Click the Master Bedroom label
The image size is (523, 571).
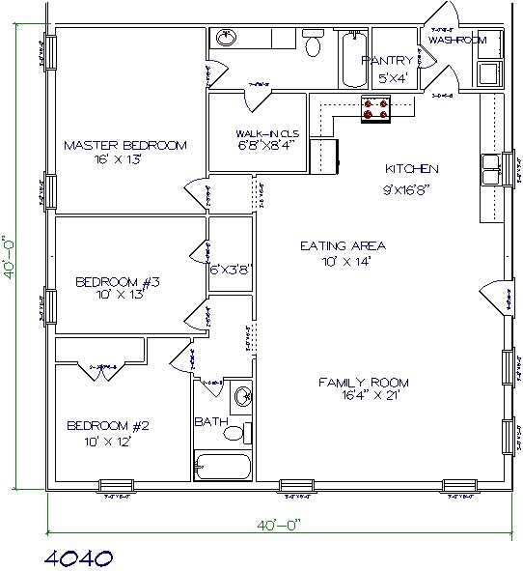[x=124, y=145]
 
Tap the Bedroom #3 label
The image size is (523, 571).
[x=117, y=283]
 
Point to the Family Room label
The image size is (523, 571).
[x=358, y=383]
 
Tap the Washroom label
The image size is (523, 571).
[x=456, y=41]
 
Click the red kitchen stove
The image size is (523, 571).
[x=375, y=110]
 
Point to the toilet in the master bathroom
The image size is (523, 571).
[x=313, y=44]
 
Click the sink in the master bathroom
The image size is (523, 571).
[x=225, y=38]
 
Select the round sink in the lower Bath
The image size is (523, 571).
[x=243, y=395]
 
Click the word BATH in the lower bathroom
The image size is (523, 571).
[x=209, y=422]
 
